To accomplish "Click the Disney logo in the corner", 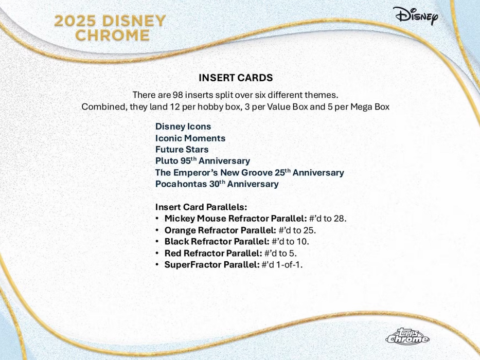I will (416, 16).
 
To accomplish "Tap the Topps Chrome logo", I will (407, 337).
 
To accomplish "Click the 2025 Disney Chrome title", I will (110, 28).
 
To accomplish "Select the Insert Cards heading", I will (236, 78).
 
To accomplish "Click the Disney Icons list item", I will (183, 127).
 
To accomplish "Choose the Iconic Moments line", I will (190, 138).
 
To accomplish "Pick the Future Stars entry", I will (182, 150).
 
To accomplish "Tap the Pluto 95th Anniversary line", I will (203, 161).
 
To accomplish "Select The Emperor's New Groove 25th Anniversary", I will (250, 173).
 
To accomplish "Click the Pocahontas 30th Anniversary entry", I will (217, 184).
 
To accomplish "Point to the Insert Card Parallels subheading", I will (201, 207).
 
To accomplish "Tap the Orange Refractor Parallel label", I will (220, 230).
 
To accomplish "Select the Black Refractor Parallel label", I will (217, 242).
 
